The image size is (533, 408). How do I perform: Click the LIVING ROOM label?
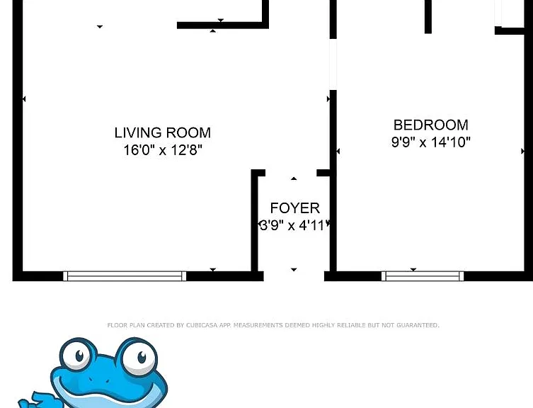(163, 132)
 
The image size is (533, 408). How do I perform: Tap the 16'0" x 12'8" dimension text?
(163, 149)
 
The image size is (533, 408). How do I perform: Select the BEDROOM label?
(430, 125)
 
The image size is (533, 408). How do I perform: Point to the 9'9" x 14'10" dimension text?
(430, 142)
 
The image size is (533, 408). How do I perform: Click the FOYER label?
(294, 208)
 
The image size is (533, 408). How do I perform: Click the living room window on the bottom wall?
(125, 276)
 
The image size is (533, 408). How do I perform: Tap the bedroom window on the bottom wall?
(423, 276)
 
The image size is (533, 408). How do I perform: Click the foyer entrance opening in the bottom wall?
(294, 276)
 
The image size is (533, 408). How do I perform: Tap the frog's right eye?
(139, 357)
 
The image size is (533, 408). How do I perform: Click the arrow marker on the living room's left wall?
(24, 99)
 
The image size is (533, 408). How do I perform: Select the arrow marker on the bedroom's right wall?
(523, 151)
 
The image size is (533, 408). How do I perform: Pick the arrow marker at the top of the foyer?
(294, 178)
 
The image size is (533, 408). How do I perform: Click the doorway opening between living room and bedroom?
(333, 64)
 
